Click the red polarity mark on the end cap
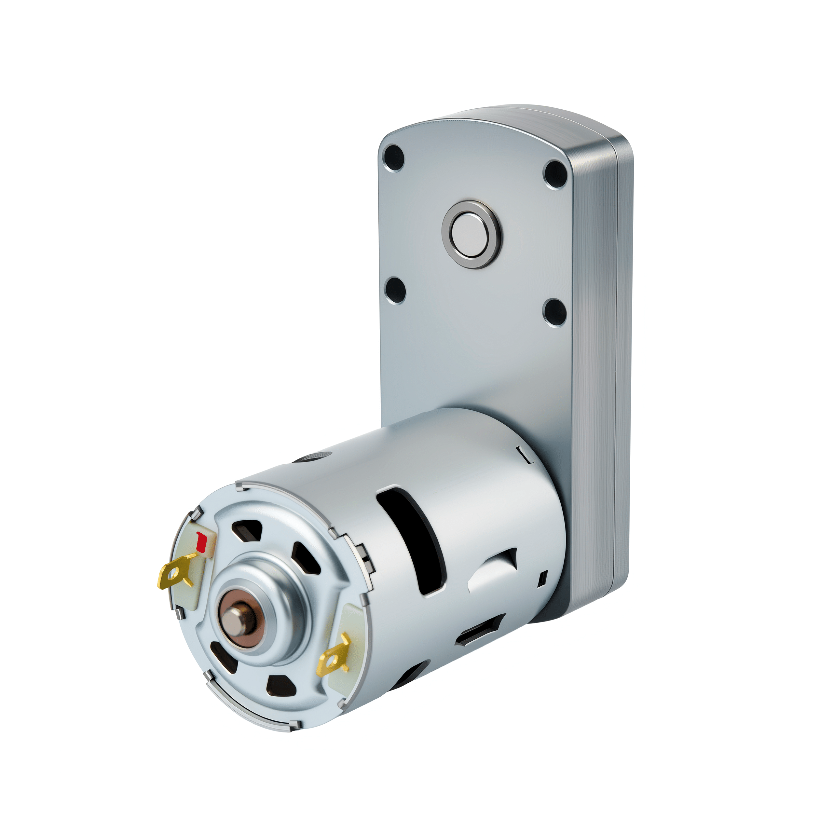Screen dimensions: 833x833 click(x=200, y=543)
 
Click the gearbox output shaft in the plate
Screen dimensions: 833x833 click(x=471, y=234)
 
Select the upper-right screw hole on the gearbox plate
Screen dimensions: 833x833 click(x=555, y=174)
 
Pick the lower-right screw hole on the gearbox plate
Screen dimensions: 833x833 click(x=554, y=312)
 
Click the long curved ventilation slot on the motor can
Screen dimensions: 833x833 click(x=410, y=543)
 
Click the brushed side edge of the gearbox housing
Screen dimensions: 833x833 click(x=597, y=345)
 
